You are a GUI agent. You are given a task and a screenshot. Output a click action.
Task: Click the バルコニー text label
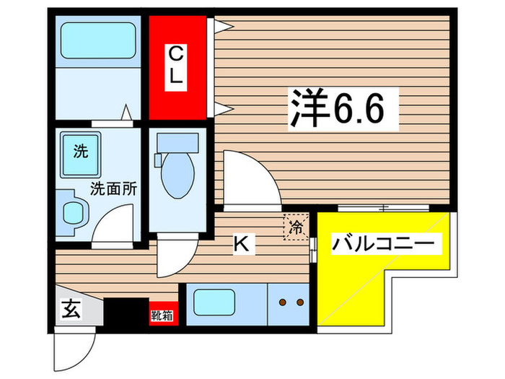(385, 245)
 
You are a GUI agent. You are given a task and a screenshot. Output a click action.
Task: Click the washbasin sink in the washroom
(74, 212)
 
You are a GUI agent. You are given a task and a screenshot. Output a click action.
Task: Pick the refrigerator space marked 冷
(296, 227)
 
